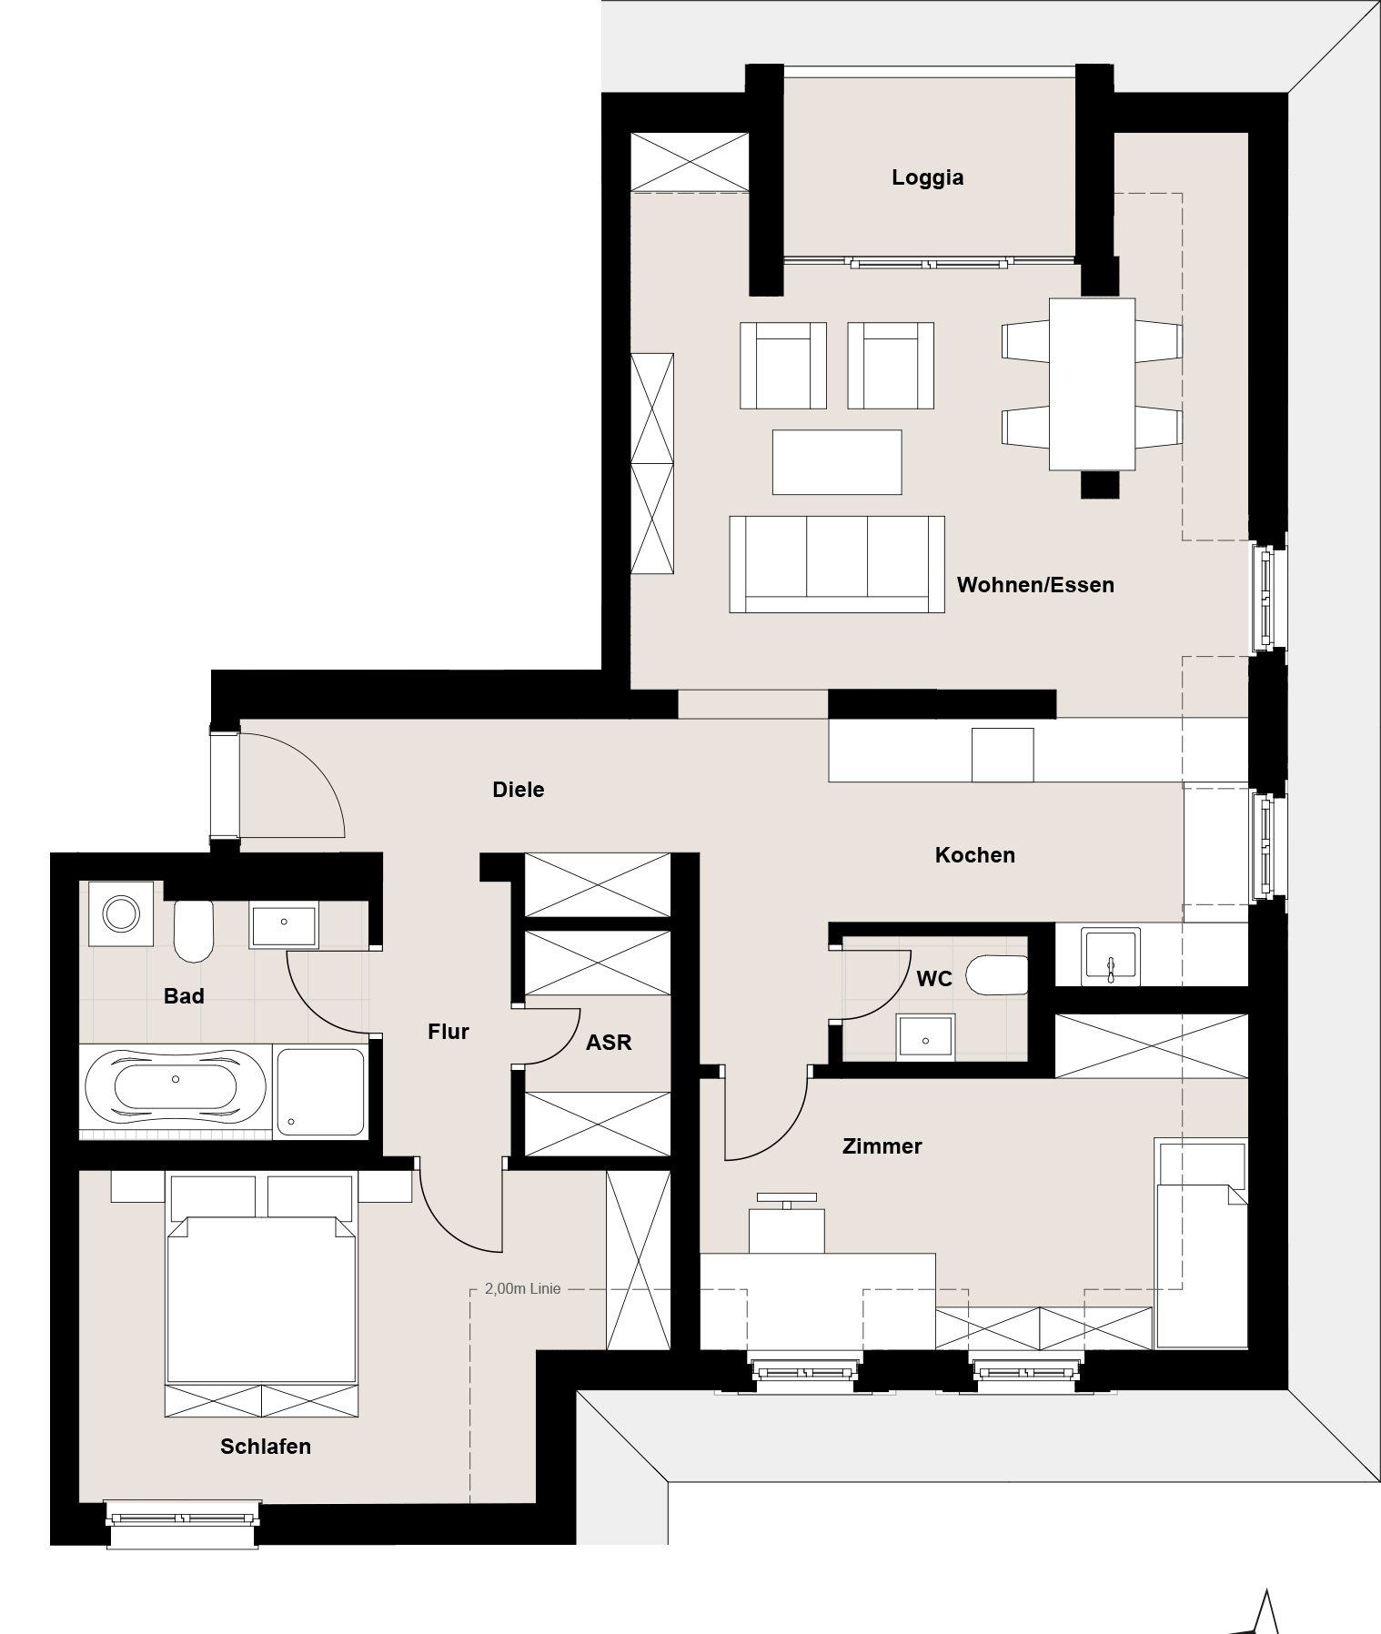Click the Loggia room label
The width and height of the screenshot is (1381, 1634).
click(x=927, y=177)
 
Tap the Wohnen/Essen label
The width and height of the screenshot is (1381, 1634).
click(x=1035, y=585)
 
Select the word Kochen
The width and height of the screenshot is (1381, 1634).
click(x=974, y=855)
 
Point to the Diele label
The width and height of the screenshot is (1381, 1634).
click(x=519, y=790)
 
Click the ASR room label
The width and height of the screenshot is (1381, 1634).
click(x=609, y=1043)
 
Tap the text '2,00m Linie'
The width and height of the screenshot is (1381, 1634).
click(x=523, y=1288)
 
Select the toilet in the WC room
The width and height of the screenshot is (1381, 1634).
click(x=996, y=975)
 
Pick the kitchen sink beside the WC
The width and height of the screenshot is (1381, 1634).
click(x=1110, y=956)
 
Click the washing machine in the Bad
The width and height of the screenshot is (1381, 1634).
click(x=120, y=913)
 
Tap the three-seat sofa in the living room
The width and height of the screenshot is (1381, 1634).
click(x=836, y=564)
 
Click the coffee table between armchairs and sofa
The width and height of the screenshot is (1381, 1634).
click(x=837, y=462)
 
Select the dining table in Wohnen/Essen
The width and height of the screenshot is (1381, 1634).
click(x=1092, y=384)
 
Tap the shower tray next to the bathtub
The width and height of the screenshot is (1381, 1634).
click(x=321, y=1091)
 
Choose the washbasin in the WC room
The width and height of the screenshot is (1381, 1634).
click(x=925, y=1037)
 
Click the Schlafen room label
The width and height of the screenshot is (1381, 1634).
click(x=266, y=1447)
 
